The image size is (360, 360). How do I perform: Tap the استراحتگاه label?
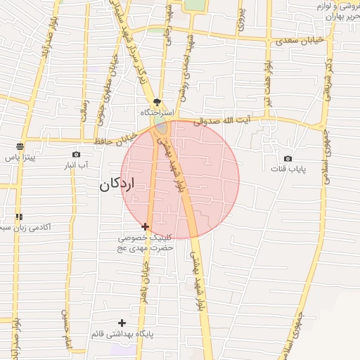point(157,112)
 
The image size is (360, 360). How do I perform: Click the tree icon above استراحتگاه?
point(157,102)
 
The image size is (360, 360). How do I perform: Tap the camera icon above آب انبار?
point(76,154)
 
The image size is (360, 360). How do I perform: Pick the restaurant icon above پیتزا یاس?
point(20,146)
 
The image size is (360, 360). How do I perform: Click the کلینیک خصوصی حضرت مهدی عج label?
point(145,243)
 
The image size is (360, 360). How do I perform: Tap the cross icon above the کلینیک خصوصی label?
point(145,226)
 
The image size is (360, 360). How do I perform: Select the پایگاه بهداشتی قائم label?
point(122,333)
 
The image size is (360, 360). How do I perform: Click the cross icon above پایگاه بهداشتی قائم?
point(122,322)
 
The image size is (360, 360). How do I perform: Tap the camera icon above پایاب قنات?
point(288,159)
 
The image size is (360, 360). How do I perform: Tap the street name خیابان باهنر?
point(147,276)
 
